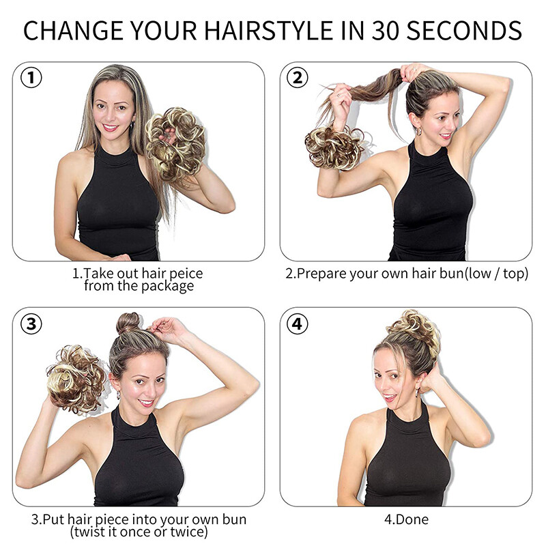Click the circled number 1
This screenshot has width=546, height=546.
[x=31, y=78]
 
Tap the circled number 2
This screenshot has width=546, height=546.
[x=297, y=78]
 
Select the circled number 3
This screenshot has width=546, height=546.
[x=31, y=324]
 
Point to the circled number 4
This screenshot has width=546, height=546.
[x=297, y=324]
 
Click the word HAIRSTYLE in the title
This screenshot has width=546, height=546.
[x=268, y=31]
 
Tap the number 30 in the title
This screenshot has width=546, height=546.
[x=385, y=31]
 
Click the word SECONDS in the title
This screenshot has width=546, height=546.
[x=464, y=31]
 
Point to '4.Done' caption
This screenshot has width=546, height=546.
[x=406, y=519]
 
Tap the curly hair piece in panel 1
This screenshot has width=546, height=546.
[x=175, y=142]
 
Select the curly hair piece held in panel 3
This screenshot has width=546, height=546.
[x=76, y=379]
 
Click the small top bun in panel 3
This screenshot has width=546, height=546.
[x=128, y=323]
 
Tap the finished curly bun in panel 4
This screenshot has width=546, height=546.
[x=414, y=331]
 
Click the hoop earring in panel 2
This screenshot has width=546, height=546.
[x=419, y=131]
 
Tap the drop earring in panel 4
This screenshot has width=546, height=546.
[x=417, y=392]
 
